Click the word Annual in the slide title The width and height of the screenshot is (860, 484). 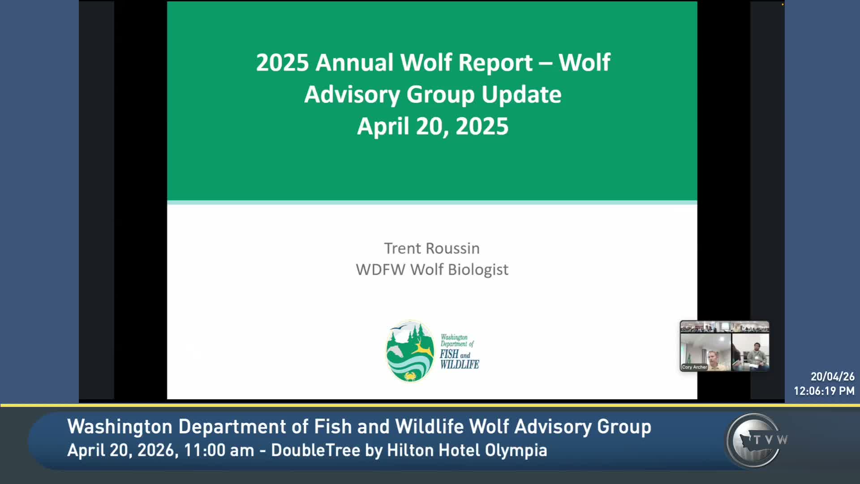[355, 62]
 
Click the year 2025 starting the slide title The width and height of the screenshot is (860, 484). [283, 62]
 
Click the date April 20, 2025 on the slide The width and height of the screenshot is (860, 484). [433, 126]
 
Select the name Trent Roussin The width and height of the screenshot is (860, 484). [432, 248]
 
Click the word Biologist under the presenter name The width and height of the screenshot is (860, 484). [478, 270]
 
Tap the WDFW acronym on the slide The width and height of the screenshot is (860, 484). [381, 270]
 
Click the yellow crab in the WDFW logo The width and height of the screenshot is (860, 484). [410, 376]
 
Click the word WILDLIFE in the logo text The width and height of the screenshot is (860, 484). [460, 365]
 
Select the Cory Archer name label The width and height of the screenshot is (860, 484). [694, 367]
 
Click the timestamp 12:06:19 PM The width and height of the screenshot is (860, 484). [824, 391]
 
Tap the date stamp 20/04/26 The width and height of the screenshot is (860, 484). [832, 376]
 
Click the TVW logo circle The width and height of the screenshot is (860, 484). [755, 441]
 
